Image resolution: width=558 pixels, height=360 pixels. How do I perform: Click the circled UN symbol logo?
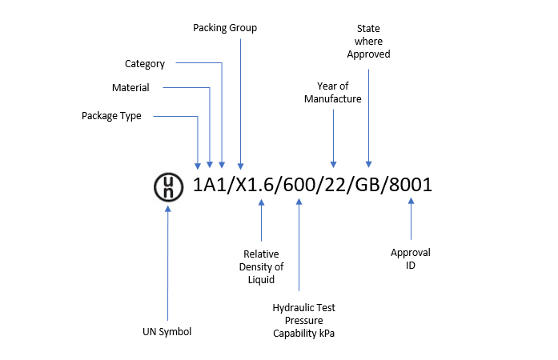(x=167, y=186)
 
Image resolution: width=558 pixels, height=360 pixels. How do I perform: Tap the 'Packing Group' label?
(x=225, y=28)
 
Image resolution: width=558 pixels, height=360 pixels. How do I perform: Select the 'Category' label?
(x=145, y=63)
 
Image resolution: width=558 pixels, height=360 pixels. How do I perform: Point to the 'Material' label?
(x=131, y=87)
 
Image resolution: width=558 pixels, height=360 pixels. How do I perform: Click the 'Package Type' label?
(x=111, y=116)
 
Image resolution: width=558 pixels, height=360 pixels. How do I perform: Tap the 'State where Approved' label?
(x=368, y=42)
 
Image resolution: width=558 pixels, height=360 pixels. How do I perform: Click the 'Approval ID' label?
(x=411, y=258)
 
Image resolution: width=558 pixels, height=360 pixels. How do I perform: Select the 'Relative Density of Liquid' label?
(x=263, y=267)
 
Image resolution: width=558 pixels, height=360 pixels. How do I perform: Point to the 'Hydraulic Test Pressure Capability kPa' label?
(x=303, y=320)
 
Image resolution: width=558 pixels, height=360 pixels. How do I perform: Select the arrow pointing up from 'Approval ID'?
(x=411, y=221)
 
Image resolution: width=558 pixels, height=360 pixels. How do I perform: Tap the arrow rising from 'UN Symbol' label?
(x=167, y=264)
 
